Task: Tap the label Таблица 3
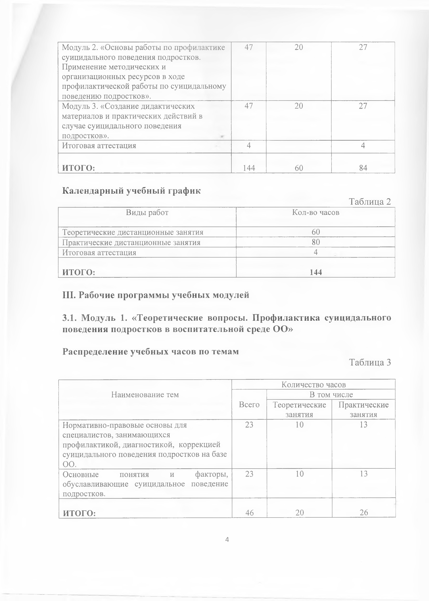[x=370, y=362]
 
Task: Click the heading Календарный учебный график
[x=131, y=191]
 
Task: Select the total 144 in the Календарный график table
[x=316, y=272]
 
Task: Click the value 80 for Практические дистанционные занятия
[x=316, y=242]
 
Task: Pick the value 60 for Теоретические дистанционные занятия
[x=316, y=232]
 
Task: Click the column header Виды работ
[x=147, y=212]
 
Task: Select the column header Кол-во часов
[x=316, y=212]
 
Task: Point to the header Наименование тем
[x=145, y=395]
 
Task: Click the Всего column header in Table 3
[x=249, y=404]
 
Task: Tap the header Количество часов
[x=314, y=384]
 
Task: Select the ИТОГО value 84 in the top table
[x=363, y=168]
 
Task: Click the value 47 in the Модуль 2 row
[x=249, y=47]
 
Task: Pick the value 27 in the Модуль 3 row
[x=363, y=106]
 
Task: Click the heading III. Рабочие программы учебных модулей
[x=156, y=295]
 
